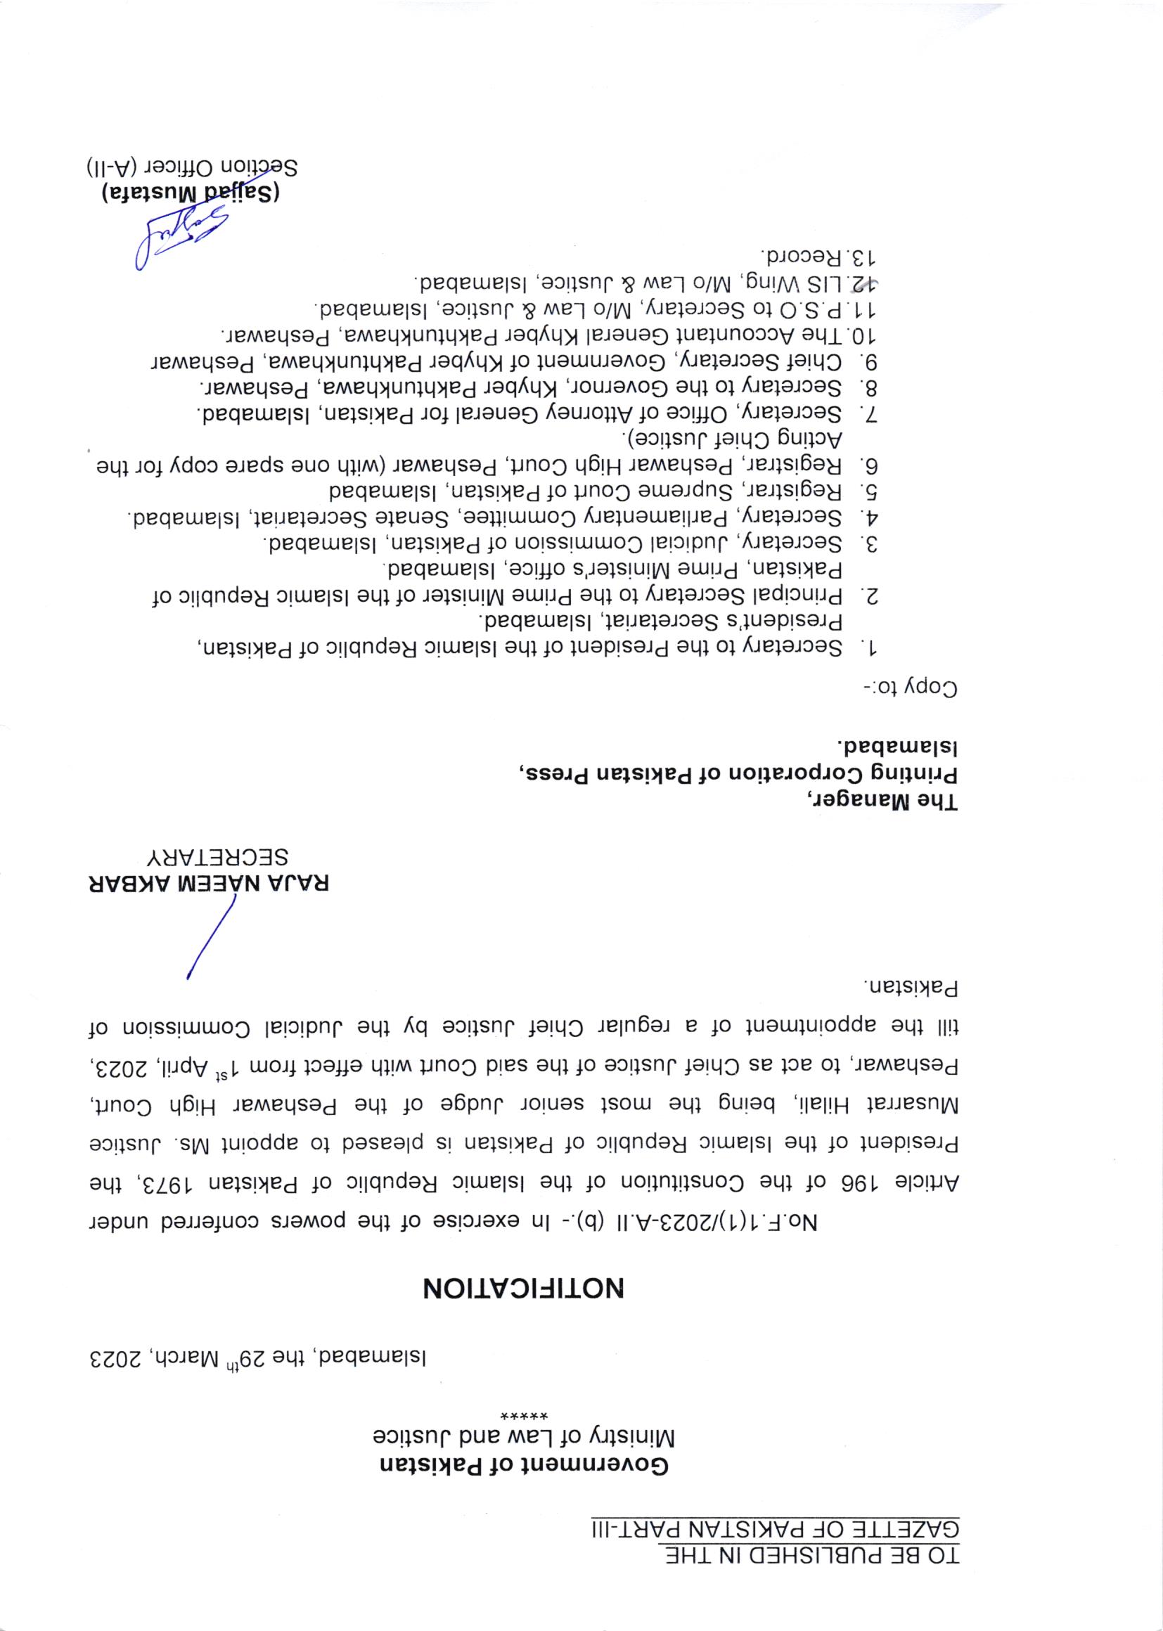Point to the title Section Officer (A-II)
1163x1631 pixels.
[x=193, y=167]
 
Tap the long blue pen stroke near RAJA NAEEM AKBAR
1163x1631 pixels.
[x=211, y=939]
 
